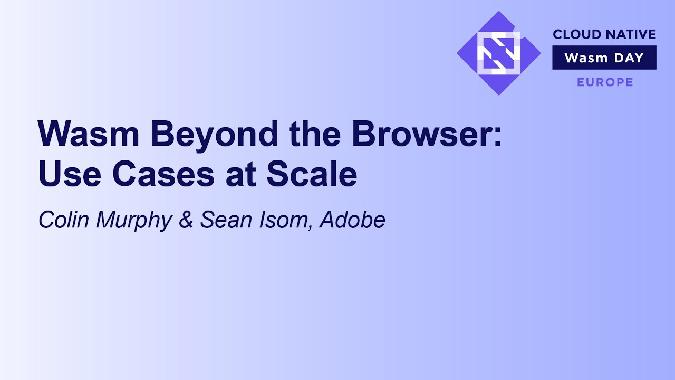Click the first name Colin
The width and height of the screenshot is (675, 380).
pos(64,220)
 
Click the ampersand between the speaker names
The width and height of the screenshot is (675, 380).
pos(186,220)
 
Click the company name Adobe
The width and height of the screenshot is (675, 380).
pos(352,220)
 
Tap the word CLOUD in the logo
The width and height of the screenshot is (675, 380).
pos(573,35)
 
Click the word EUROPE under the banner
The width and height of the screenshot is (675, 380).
pos(605,82)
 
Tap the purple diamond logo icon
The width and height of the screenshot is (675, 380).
pos(498,53)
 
